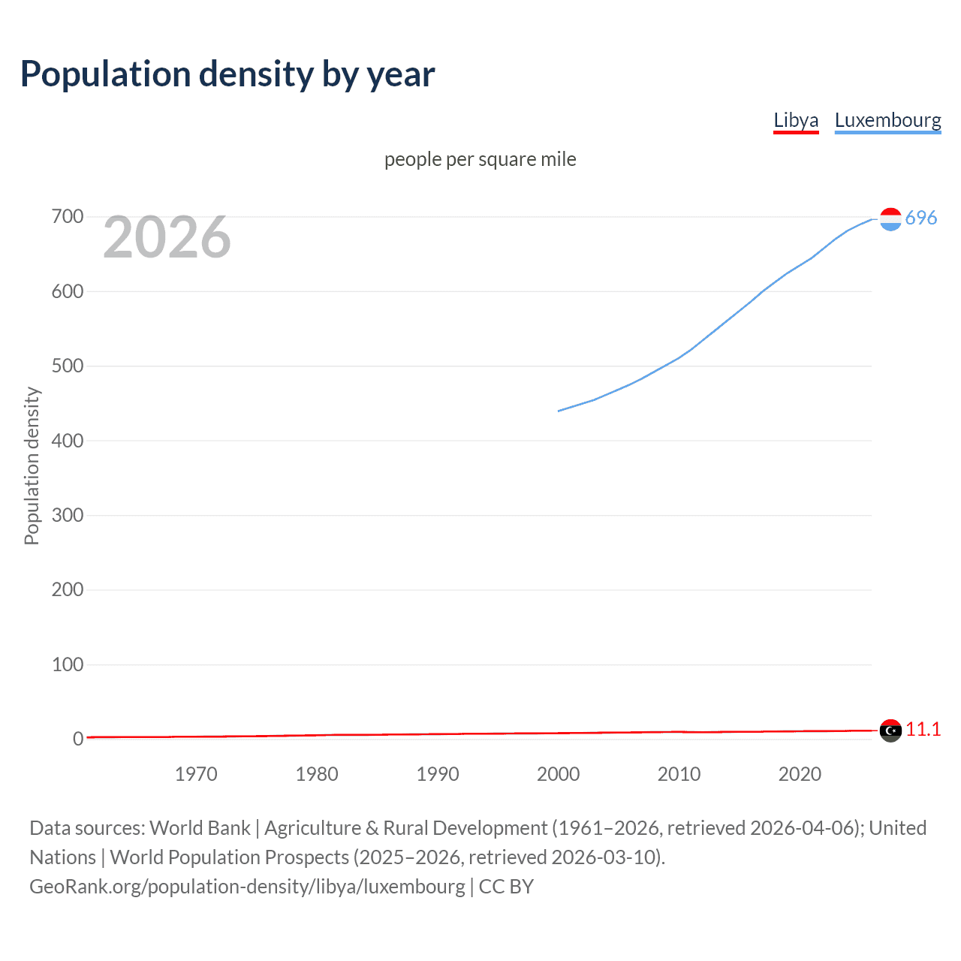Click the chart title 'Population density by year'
[227, 74]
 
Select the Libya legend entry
[796, 121]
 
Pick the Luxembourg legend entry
[887, 121]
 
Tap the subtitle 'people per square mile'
[480, 159]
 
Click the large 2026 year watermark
[167, 237]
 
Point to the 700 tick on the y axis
[68, 217]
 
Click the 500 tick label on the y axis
[68, 366]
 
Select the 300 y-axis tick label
[68, 515]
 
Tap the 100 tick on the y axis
[68, 664]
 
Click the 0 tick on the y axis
[78, 739]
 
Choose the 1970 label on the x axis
[196, 774]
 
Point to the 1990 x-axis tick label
[438, 774]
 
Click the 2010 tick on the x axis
[679, 774]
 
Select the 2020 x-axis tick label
[800, 774]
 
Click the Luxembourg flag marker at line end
[890, 219]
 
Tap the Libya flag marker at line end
[890, 730]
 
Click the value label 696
[921, 218]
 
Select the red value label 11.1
[923, 729]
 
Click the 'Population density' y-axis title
[32, 465]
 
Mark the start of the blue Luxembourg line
[559, 411]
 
